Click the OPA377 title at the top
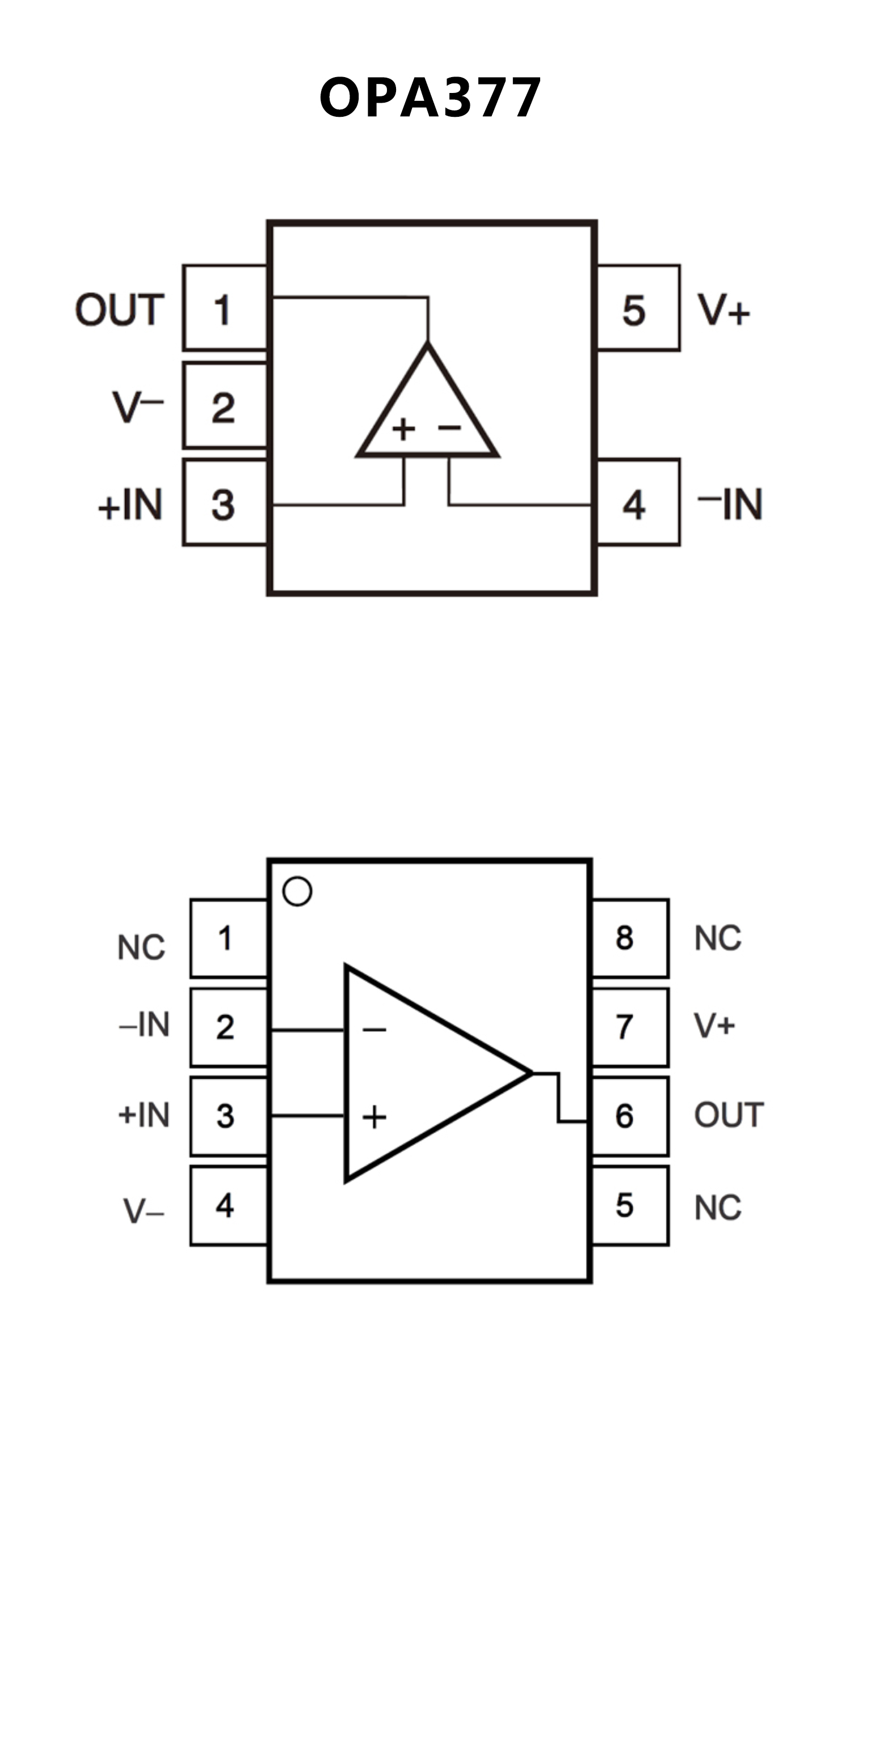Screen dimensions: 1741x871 [x=430, y=98]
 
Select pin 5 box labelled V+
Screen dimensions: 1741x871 [x=638, y=308]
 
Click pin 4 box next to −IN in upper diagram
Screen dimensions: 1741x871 [x=638, y=503]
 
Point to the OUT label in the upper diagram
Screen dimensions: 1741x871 [x=120, y=310]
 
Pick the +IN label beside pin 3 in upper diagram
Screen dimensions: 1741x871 [x=131, y=504]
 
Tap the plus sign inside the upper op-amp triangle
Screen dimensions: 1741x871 [x=403, y=429]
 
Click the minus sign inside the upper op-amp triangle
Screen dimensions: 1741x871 [x=449, y=427]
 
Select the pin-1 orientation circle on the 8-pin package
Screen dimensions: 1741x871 [x=297, y=891]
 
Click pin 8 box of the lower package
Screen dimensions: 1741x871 [x=630, y=938]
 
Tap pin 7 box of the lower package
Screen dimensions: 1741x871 [x=630, y=1027]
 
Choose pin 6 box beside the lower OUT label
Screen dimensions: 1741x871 [x=630, y=1116]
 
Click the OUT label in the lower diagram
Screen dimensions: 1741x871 [x=729, y=1115]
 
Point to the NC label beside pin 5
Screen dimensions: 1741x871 [x=717, y=1207]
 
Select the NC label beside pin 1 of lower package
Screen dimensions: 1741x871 [x=141, y=947]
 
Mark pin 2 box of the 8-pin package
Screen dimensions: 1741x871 [x=228, y=1027]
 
